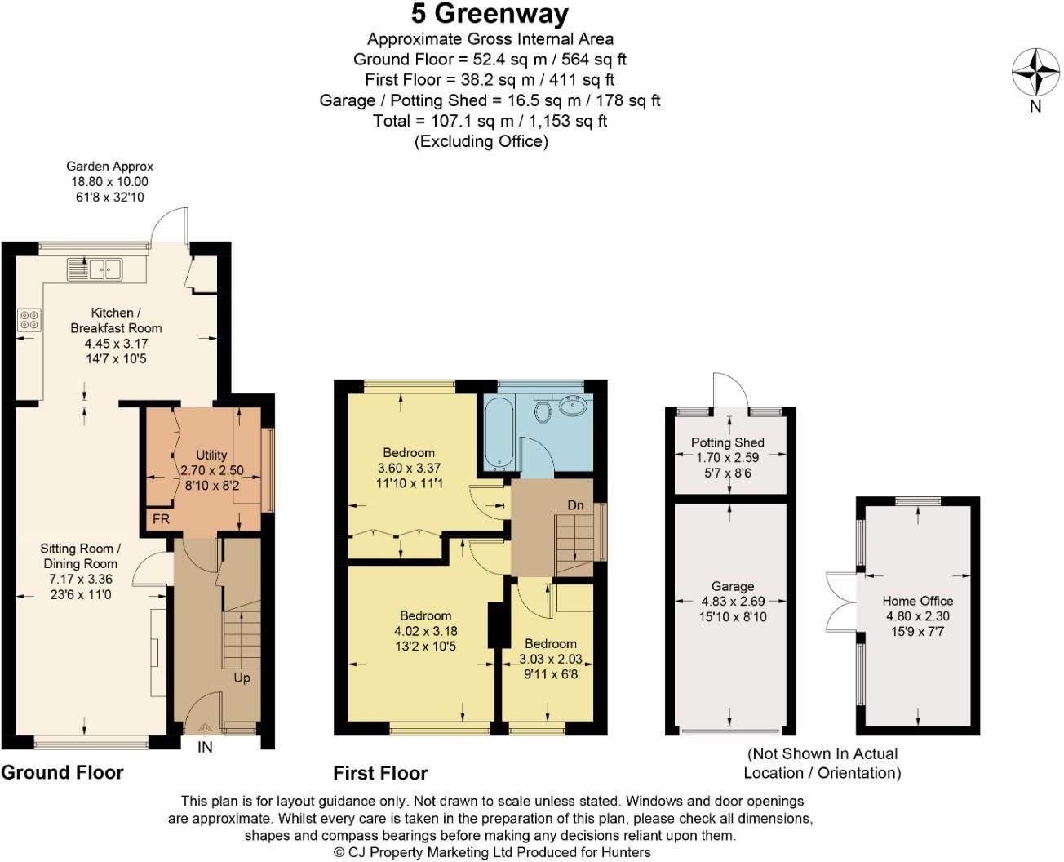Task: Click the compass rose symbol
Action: [1035, 72]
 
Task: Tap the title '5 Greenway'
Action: [490, 14]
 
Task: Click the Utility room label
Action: [211, 455]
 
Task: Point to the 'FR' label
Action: [161, 519]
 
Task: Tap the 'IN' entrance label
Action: [205, 747]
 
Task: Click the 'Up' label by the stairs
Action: [242, 678]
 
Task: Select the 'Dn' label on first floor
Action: [575, 505]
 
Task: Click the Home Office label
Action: [917, 601]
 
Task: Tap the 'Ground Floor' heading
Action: [62, 772]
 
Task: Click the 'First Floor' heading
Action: [380, 773]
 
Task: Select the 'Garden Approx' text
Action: [109, 167]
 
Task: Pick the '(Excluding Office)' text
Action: [481, 141]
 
